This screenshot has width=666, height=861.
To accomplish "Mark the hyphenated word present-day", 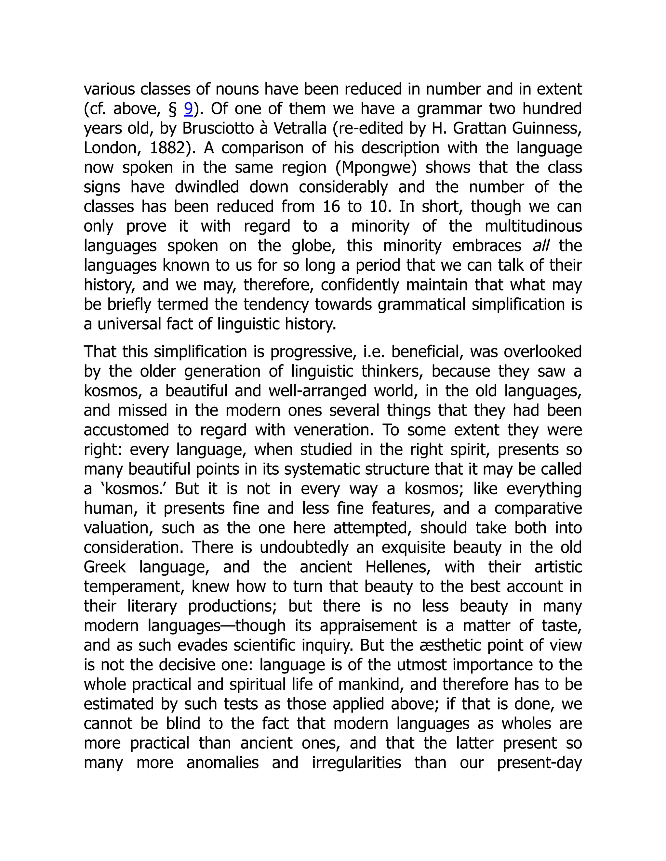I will coord(539,763).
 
